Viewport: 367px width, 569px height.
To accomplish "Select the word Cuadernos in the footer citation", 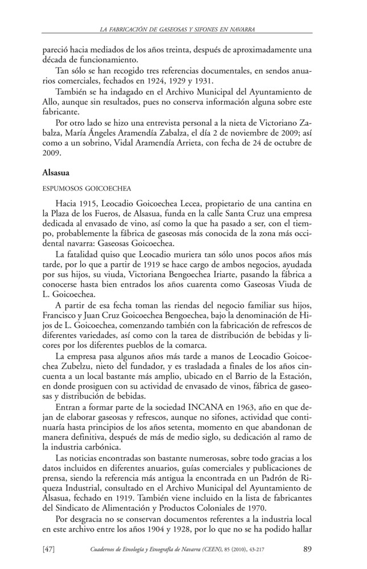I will (x=106, y=549).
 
